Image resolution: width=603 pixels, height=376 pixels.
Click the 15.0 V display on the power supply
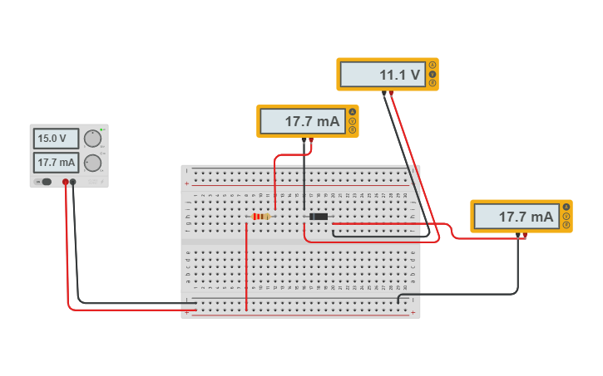pos(56,139)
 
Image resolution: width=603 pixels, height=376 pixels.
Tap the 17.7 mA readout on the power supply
pos(56,163)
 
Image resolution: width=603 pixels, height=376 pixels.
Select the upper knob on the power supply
pos(92,139)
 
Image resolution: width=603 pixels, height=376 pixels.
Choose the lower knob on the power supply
pos(92,163)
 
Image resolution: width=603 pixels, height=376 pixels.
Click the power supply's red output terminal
pos(65,182)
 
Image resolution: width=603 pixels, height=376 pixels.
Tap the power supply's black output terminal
pos(73,182)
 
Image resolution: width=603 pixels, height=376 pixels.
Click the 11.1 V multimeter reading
pos(383,75)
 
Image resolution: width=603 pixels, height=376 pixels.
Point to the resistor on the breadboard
pos(261,217)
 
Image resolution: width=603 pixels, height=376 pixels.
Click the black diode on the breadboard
pos(319,217)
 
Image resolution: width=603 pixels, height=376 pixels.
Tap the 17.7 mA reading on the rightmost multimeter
pos(517,217)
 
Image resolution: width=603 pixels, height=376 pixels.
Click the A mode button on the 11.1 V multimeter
pos(432,66)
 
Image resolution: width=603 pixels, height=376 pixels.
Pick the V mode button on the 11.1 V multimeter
pos(432,74)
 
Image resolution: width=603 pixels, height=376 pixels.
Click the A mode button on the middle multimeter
pos(353,112)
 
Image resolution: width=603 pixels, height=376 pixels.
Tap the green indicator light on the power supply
pos(101,130)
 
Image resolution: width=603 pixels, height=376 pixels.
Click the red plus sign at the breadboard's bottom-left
pos(187,313)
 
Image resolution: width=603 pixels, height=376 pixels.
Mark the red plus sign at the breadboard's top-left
pos(187,183)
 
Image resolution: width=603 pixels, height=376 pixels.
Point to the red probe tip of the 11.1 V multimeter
pos(392,93)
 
